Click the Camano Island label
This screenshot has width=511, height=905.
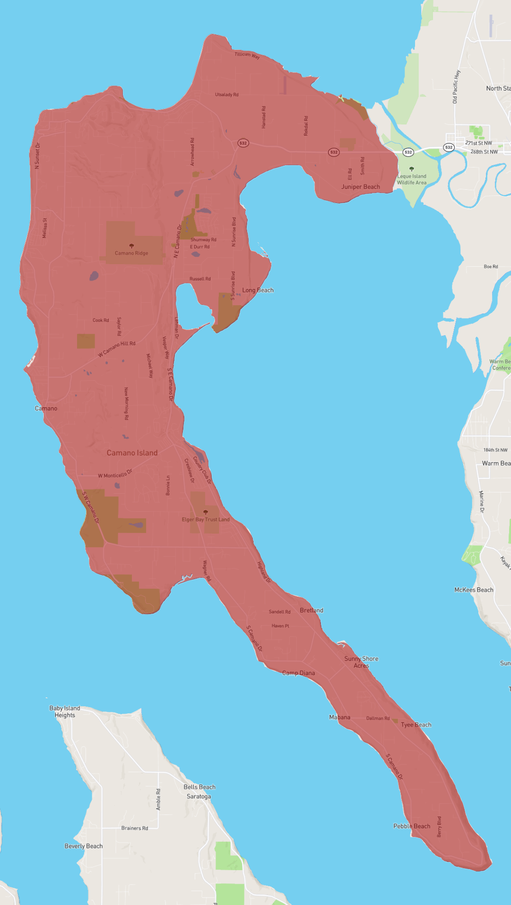[x=132, y=453]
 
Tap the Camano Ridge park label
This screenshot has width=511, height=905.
[x=131, y=253]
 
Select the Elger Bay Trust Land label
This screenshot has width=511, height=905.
[x=206, y=519]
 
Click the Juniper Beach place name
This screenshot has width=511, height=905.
[x=361, y=187]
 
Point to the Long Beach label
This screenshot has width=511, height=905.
[x=258, y=290]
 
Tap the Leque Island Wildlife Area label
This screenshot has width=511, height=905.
[x=411, y=179]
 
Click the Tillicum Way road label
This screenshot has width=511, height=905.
[x=247, y=55]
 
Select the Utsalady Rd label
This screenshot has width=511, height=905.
[x=226, y=94]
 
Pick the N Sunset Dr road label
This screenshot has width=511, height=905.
[x=38, y=156]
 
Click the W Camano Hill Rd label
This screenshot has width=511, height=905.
[x=116, y=349]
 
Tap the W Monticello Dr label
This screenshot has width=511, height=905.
[x=115, y=474]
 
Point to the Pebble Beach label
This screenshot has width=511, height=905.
[x=412, y=826]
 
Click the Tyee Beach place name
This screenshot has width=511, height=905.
[x=416, y=725]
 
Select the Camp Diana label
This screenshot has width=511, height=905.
[x=298, y=673]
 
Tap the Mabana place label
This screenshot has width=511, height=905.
[x=340, y=717]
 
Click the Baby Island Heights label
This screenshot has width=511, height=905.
[x=65, y=711]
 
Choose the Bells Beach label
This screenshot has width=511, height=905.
[x=199, y=787]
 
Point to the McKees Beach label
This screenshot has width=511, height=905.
[x=474, y=590]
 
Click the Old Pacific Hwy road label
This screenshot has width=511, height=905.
[x=456, y=87]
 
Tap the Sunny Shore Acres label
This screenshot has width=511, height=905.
[x=361, y=662]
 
